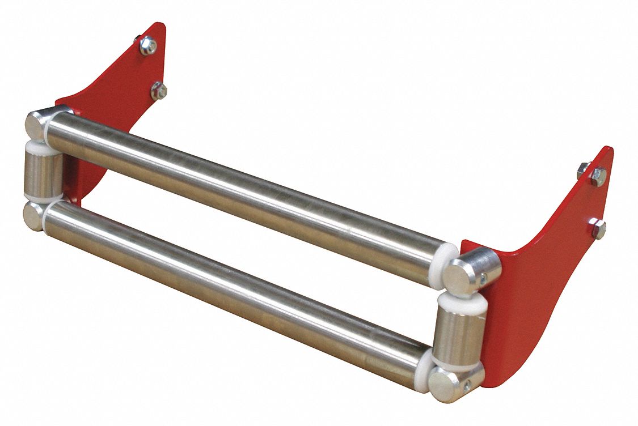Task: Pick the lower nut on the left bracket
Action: pos(159,90)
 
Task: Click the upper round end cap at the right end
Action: pos(462,274)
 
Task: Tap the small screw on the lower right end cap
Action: pos(467,386)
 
